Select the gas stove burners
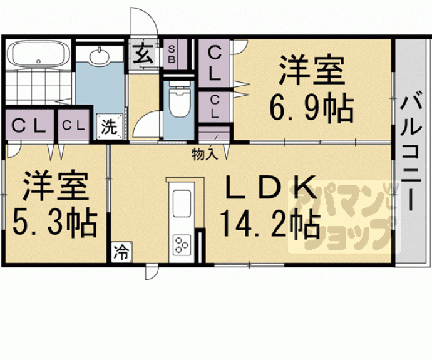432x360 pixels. click(182, 243)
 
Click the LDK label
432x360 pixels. click(269, 187)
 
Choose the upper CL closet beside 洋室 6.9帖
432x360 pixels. click(214, 63)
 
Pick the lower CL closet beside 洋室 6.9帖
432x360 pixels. click(214, 106)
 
